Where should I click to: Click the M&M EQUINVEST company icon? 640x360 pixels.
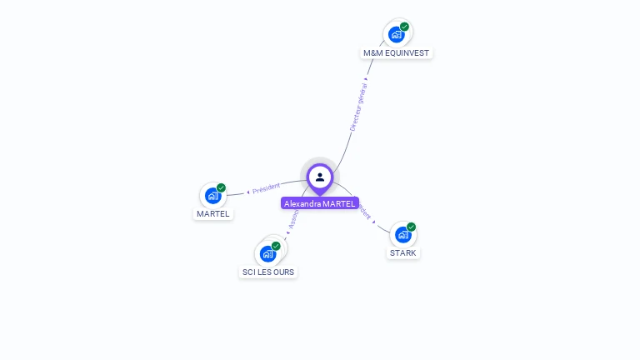click(397, 35)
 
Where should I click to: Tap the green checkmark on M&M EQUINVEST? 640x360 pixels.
click(404, 27)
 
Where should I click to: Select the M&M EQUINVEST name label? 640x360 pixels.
click(397, 52)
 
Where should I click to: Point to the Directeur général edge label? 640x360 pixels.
click(358, 106)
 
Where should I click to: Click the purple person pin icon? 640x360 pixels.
click(319, 177)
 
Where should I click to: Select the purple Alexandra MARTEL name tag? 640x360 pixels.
click(320, 203)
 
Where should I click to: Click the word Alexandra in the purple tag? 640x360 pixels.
click(302, 203)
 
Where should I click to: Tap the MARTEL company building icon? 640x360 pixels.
click(213, 196)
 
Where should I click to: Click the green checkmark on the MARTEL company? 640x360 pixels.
click(221, 187)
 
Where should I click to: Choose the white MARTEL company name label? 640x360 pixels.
click(212, 213)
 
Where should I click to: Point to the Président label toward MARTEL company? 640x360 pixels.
click(267, 188)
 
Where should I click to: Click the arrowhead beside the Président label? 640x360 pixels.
click(248, 192)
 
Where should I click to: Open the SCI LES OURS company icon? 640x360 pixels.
click(268, 253)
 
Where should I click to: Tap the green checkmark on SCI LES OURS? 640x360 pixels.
click(276, 246)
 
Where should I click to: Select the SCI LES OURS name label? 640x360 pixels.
click(268, 272)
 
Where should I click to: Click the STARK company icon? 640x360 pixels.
click(403, 235)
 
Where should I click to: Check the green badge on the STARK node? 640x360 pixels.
click(411, 227)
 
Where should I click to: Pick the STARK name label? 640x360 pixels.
click(403, 252)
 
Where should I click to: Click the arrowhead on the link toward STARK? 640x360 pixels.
click(374, 222)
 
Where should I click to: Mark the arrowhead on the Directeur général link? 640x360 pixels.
click(366, 79)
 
